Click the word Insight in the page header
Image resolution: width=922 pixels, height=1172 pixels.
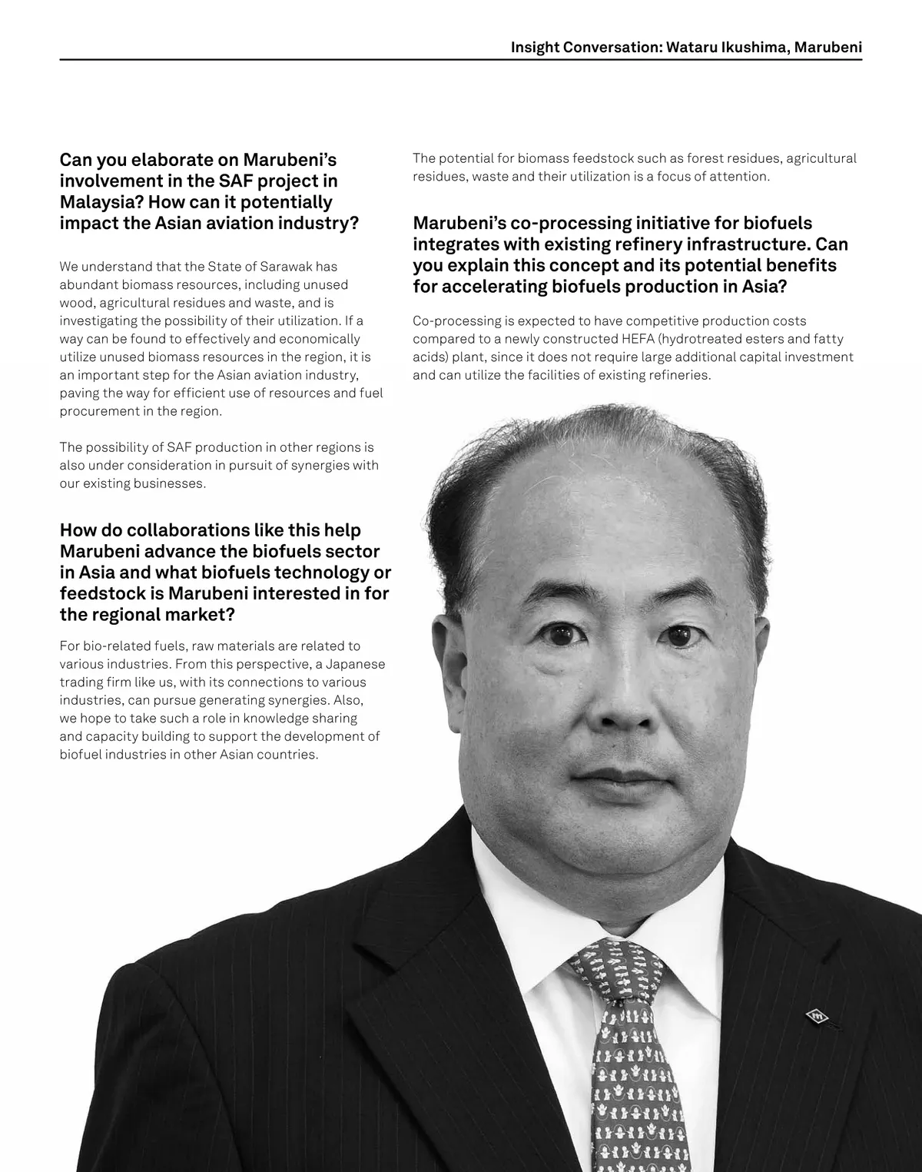pos(535,47)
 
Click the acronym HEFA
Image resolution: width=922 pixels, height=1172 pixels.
pos(638,339)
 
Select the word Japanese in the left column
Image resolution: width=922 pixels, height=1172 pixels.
pos(355,664)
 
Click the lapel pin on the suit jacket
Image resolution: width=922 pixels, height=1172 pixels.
pos(816,1016)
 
